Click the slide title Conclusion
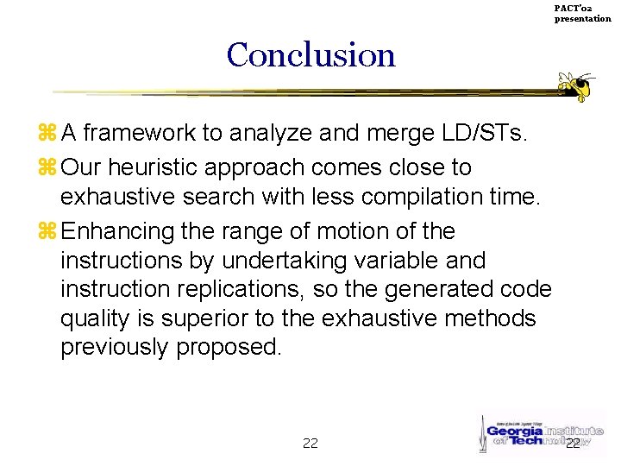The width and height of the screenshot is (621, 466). [310, 55]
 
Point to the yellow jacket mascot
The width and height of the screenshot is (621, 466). [577, 85]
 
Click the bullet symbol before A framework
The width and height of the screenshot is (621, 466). [47, 134]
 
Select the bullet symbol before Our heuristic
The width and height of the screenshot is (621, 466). [47, 167]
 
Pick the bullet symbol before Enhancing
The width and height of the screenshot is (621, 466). [47, 231]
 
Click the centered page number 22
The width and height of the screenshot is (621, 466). [310, 444]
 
